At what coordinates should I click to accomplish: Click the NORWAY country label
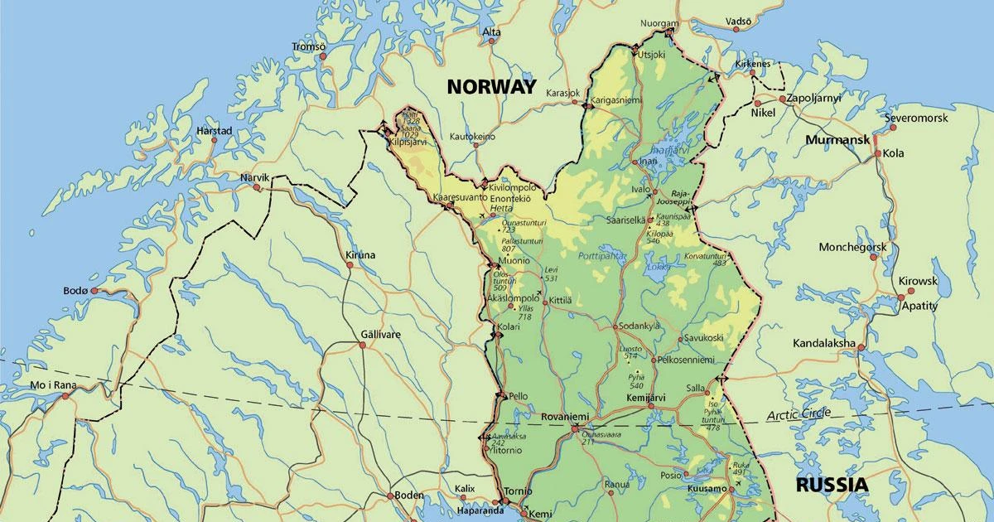coord(491,86)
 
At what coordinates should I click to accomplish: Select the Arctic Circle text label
coord(799,414)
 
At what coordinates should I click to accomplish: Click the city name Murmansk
coord(837,139)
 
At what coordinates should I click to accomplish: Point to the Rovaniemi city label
coord(566,417)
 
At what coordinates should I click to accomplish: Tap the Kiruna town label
coord(360,254)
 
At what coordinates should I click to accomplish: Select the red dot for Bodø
coord(95,291)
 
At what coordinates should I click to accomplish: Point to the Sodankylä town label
coord(639,326)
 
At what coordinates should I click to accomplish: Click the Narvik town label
coord(255,177)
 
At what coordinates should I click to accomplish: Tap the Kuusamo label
coord(707,489)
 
